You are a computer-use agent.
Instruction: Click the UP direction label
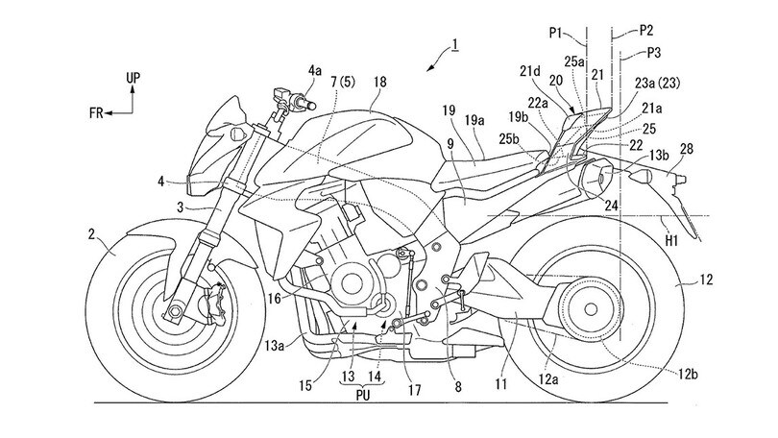(x=133, y=78)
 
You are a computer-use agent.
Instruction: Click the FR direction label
(x=96, y=113)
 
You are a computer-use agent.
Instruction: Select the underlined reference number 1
(x=454, y=46)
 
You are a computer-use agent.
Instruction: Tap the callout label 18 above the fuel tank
(x=380, y=82)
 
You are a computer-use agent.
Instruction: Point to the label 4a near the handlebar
(x=315, y=71)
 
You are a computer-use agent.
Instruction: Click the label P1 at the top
(x=556, y=33)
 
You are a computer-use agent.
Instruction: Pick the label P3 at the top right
(x=654, y=53)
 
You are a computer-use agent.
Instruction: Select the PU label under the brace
(x=362, y=395)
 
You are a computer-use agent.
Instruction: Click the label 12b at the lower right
(x=688, y=375)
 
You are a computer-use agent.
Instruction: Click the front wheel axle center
(x=174, y=311)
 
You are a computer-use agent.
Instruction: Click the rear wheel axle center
(x=591, y=309)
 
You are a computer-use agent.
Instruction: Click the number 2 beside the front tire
(x=91, y=233)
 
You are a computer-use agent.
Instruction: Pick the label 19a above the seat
(x=474, y=119)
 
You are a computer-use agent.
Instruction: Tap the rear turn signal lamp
(x=638, y=175)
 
